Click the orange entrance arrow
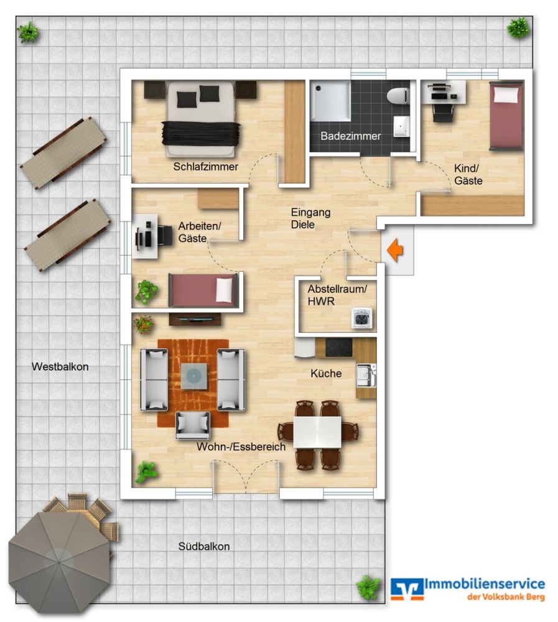[x=395, y=251]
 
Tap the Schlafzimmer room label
[x=206, y=166]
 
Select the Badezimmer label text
[x=350, y=136]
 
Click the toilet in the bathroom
[x=396, y=96]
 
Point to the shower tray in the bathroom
[x=330, y=100]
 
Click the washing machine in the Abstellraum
[x=361, y=318]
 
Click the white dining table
[x=317, y=431]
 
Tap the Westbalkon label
[x=60, y=367]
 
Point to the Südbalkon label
[x=204, y=547]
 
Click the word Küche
[x=326, y=374]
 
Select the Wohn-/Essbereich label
[x=241, y=447]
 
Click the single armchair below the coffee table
[x=193, y=425]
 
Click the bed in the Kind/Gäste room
[x=506, y=116]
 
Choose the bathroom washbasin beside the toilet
[x=401, y=125]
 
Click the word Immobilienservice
[x=484, y=584]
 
